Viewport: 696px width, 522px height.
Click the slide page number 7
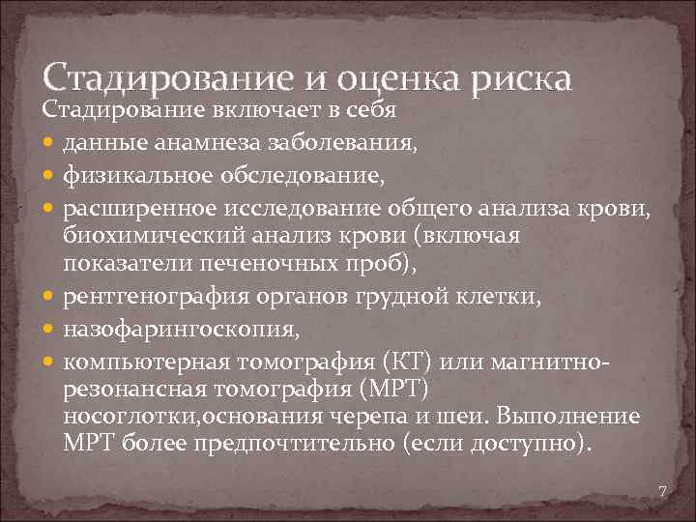pos(662,492)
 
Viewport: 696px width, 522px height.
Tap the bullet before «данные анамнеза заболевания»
pos(50,145)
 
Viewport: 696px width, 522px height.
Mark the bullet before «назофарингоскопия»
pos(50,331)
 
